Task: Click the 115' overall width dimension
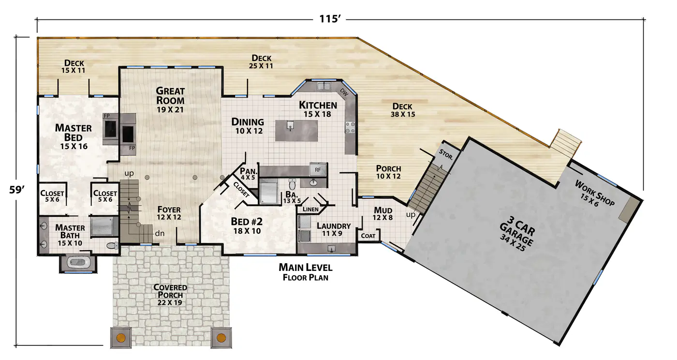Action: coord(330,19)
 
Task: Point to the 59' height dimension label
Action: coord(17,190)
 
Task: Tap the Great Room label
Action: coord(170,100)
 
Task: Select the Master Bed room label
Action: coord(74,137)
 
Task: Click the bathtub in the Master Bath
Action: coord(78,263)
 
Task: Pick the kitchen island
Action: coord(296,131)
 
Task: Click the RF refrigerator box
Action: coord(318,170)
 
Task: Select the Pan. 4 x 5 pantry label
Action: coord(249,174)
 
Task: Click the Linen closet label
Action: coord(310,209)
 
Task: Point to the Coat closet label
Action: coord(368,236)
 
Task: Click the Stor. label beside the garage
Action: coord(446,154)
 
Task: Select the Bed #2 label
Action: coord(247,225)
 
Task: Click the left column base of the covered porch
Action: coord(120,337)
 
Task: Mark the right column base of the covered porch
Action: coord(221,337)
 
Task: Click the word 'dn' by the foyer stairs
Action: coord(160,234)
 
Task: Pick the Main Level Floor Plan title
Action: coord(305,272)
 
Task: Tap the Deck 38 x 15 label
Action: coord(402,110)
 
